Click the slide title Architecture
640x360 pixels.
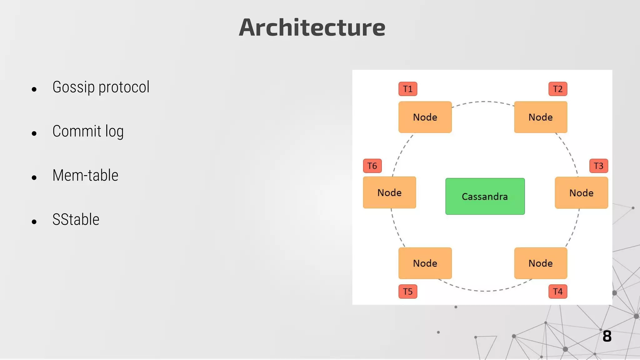(x=312, y=27)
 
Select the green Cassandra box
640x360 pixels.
(x=485, y=196)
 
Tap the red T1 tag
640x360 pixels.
(x=408, y=89)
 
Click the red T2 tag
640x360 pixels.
(x=558, y=89)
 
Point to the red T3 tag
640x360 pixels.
(x=598, y=166)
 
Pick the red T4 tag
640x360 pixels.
(x=558, y=292)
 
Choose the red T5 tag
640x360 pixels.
(x=408, y=292)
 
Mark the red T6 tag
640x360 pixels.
(x=372, y=166)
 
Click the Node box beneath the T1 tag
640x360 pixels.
(x=425, y=117)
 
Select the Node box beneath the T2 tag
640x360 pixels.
(x=541, y=117)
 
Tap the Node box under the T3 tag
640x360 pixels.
(x=581, y=193)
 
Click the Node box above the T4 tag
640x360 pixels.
(x=541, y=263)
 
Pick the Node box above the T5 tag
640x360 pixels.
(x=425, y=263)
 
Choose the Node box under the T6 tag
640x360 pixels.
(x=389, y=192)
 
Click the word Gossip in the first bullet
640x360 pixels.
(x=73, y=87)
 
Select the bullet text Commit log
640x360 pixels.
(x=88, y=131)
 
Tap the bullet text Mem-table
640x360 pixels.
(x=85, y=175)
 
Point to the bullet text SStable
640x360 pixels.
(x=76, y=219)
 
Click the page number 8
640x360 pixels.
(x=607, y=336)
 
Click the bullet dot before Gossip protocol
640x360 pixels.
(x=34, y=89)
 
